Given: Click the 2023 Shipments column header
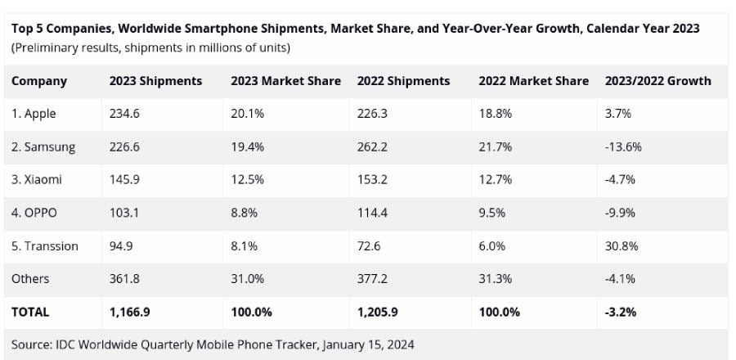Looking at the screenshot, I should click(155, 81).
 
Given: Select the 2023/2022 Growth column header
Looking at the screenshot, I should click(657, 81).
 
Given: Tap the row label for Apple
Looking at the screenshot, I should click(34, 114).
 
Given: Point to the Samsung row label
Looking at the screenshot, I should click(43, 147).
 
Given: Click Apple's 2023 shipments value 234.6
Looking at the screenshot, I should click(125, 114).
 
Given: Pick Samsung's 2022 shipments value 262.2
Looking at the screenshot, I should click(373, 147).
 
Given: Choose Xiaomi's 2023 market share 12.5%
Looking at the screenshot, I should click(248, 180).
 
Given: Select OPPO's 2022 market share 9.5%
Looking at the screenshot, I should click(496, 213).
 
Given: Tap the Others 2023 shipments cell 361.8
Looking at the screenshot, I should click(125, 279).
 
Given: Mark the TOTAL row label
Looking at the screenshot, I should click(30, 312).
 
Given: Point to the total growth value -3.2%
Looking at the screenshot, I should click(621, 312).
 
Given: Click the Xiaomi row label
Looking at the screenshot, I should click(37, 180).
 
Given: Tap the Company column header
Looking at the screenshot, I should click(39, 81).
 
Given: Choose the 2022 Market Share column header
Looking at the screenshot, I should click(533, 81).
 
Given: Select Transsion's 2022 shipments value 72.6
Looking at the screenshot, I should click(370, 246).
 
